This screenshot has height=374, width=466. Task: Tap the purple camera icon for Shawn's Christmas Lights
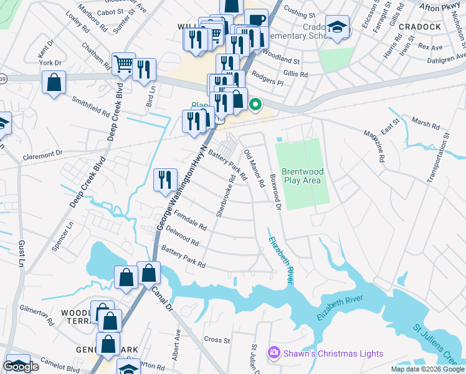pos(273,353)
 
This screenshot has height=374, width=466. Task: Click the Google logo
pos(21,367)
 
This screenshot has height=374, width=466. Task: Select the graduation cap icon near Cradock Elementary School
pos(337,27)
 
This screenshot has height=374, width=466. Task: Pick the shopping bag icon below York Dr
pos(54,83)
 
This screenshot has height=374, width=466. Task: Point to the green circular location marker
pos(255,105)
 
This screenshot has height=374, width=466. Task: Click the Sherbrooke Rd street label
pos(226,195)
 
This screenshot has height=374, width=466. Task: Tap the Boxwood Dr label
pos(275,189)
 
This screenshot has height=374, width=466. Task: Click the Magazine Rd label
pos(379,145)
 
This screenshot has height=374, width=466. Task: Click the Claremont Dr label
pos(43,153)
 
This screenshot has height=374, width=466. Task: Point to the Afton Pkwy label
pos(440,7)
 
